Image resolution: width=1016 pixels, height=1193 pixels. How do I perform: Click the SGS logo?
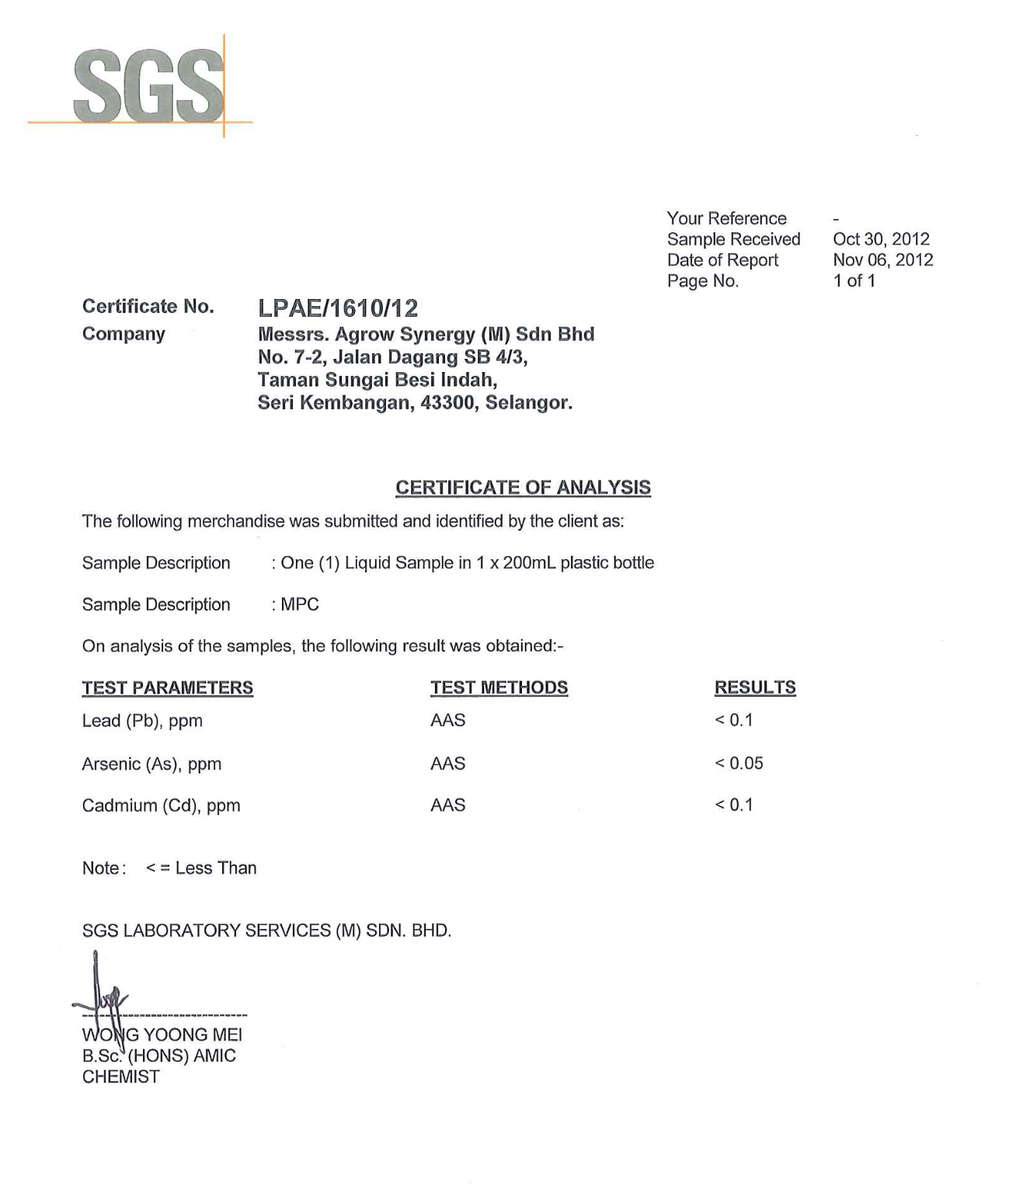148,85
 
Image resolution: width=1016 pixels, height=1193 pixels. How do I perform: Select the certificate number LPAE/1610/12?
338,308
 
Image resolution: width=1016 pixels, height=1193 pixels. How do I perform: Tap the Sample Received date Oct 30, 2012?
881,239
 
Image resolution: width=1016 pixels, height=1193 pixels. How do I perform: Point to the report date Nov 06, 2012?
882,260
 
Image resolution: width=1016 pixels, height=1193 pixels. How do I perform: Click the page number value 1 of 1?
854,281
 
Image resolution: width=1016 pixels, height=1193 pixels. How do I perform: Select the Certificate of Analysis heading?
523,488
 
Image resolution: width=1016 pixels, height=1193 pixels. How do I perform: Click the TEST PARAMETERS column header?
168,688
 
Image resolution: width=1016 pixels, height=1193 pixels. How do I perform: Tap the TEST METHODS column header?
499,688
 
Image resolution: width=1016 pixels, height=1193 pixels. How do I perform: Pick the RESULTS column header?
755,688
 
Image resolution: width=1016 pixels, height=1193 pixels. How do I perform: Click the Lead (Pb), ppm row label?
142,722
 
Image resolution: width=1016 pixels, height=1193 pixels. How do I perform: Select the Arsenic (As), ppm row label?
151,764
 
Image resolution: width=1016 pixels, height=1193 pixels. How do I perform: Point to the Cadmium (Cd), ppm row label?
161,806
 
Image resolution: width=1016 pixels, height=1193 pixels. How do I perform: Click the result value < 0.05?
739,763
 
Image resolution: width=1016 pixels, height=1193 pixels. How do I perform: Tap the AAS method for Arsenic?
448,764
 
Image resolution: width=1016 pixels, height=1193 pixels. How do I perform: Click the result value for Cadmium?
734,805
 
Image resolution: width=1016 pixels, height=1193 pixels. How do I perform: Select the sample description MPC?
299,605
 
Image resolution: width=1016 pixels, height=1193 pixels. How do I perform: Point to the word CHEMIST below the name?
121,1077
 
